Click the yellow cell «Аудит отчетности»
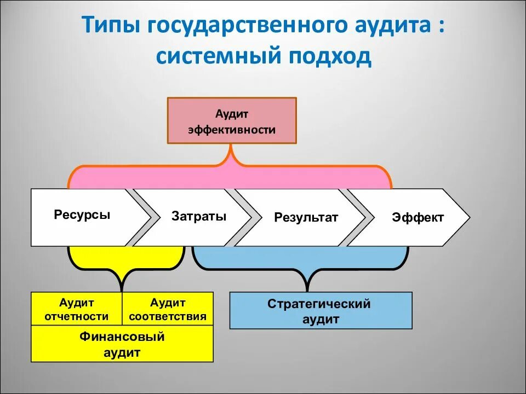[76, 309]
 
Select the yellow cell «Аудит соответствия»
[168, 309]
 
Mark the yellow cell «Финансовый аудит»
[122, 344]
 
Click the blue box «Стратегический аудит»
[321, 311]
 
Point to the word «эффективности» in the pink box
[232, 130]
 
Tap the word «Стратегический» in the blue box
[319, 304]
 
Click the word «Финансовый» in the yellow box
[122, 337]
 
